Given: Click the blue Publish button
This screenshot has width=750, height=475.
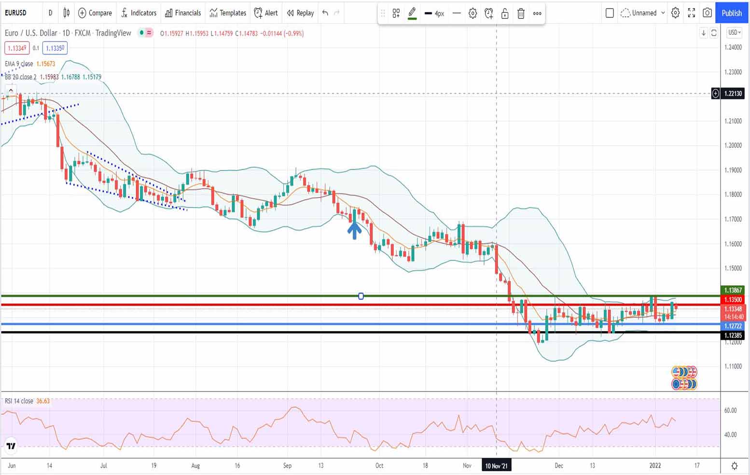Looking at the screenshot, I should pos(731,13).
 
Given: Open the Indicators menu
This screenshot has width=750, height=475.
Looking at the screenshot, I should pos(139,13).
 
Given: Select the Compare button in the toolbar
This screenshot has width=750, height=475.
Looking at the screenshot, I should pos(95,13).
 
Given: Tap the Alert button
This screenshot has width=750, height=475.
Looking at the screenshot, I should pos(266,13).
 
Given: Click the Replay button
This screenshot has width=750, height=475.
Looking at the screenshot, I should pos(300,13).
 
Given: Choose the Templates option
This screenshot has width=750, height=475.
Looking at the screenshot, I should pos(228,13).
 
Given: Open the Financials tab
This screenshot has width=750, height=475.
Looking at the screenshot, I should pos(183,13).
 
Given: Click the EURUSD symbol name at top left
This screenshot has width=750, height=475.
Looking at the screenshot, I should pos(15,13).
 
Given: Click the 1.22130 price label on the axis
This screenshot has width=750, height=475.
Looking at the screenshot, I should pos(733,94).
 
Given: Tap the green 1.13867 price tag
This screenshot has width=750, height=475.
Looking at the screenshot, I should pos(733,290).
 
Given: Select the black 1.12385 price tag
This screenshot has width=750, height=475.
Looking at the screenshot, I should pos(733,335).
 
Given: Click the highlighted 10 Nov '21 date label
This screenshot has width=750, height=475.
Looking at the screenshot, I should pos(496,466).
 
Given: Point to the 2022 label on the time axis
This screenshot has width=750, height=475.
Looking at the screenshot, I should pos(655,466).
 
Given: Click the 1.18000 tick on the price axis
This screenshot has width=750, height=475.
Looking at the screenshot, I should pos(733,195).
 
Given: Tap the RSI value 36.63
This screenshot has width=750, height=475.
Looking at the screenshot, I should pos(43,401).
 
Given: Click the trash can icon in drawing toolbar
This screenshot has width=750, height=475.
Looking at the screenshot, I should pos(521,14).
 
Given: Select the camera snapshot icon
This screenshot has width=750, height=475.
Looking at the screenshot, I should pos(707,13).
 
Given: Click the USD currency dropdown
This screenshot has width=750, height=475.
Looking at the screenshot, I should pos(734,32).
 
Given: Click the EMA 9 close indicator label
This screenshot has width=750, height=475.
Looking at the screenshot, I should pos(19,64).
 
